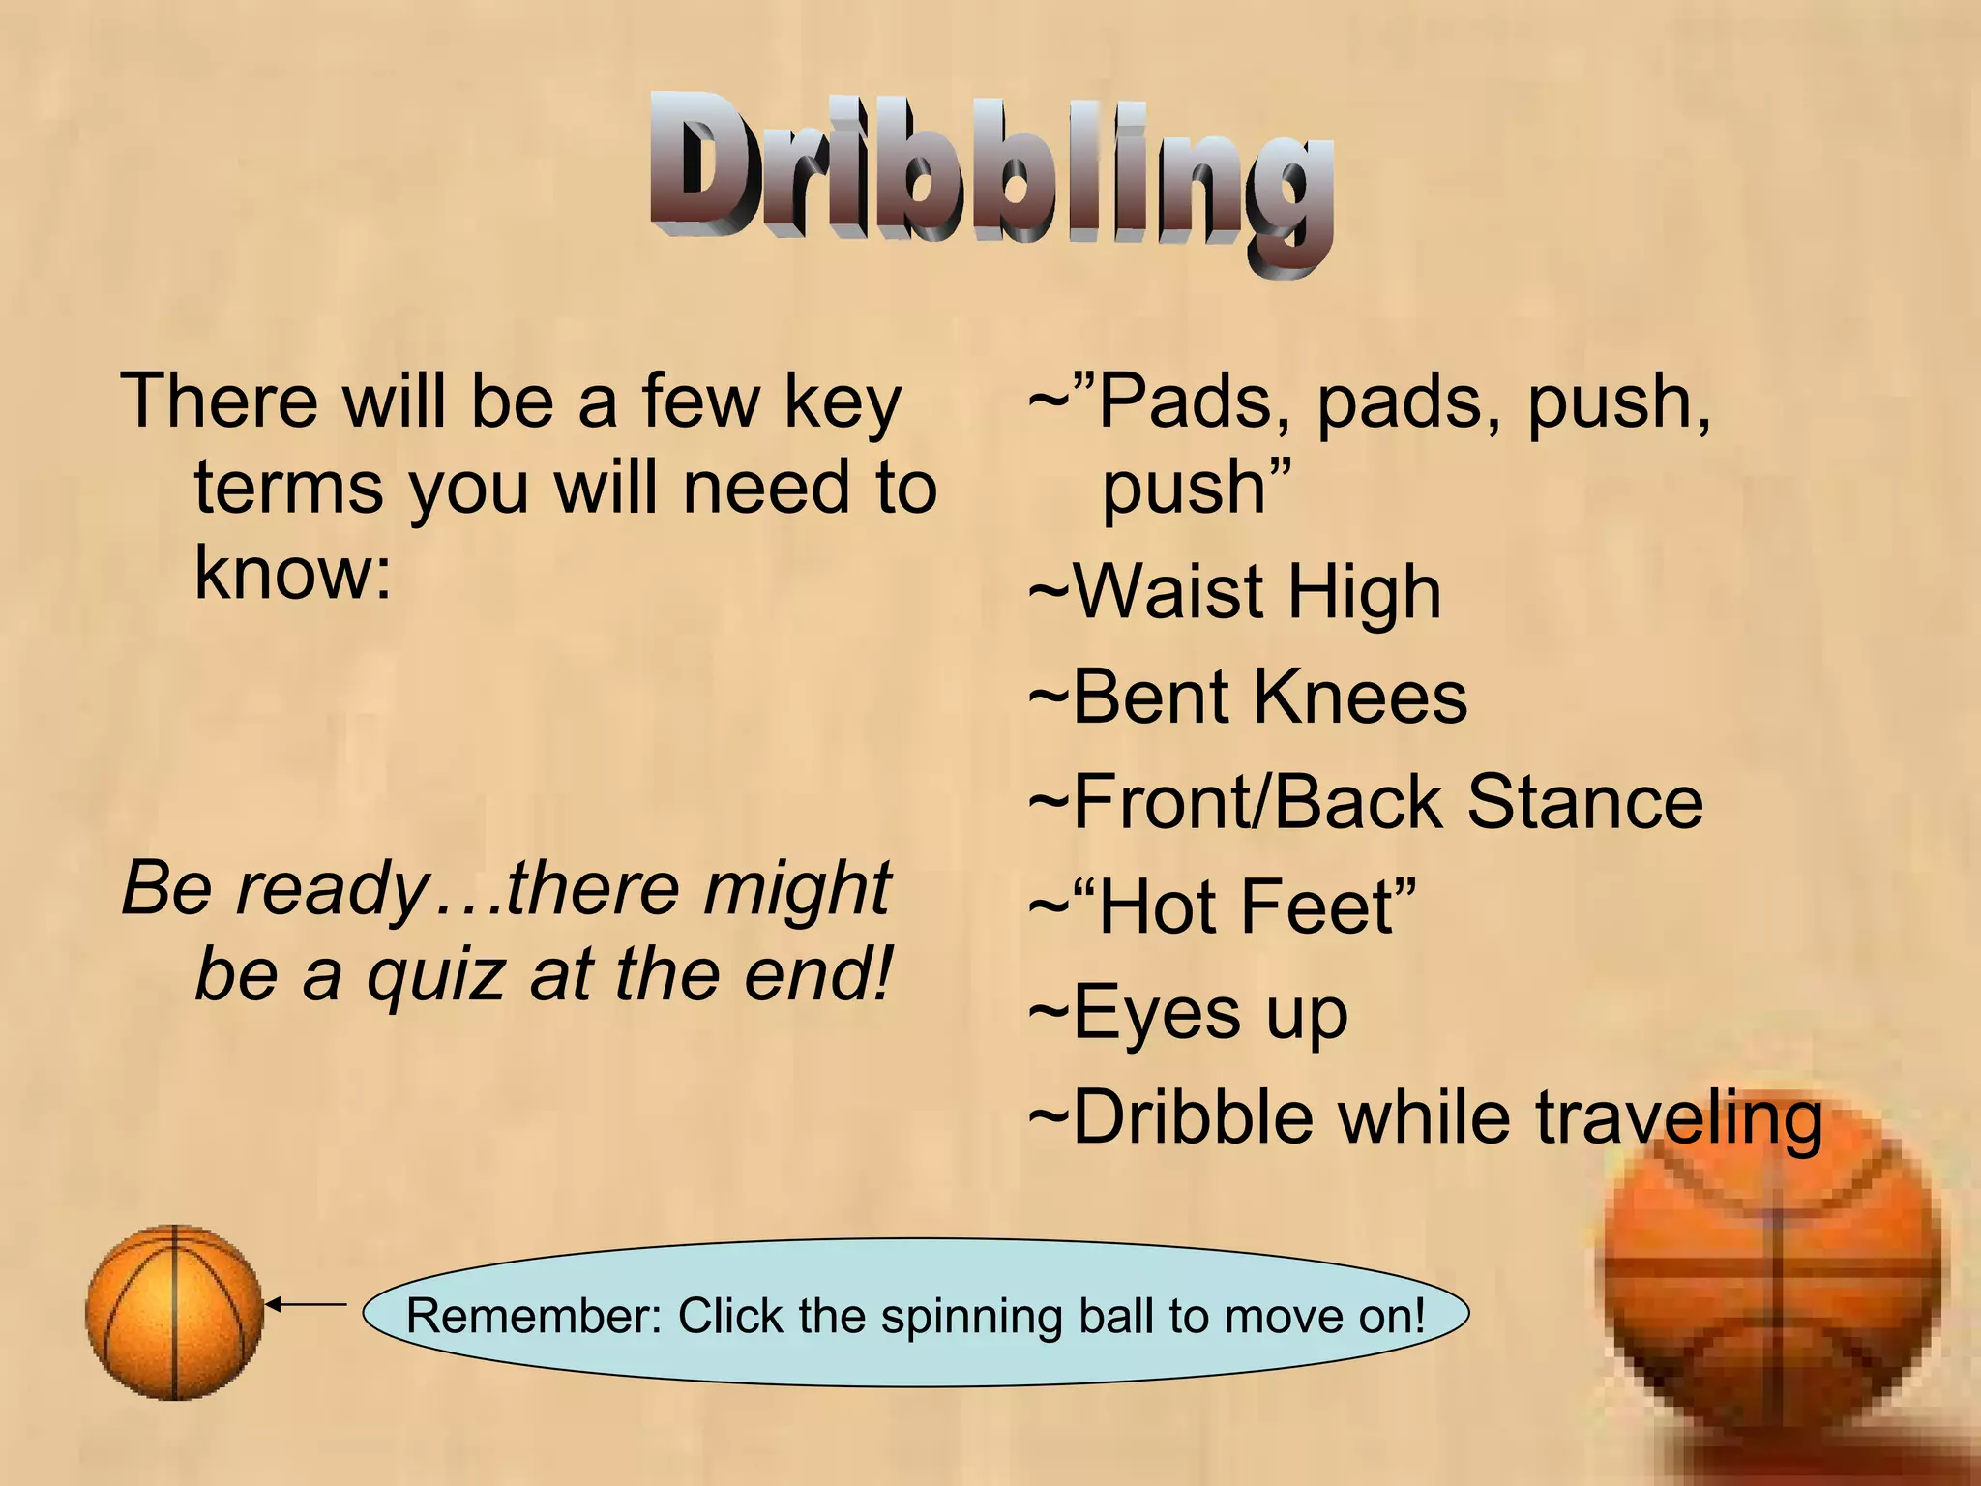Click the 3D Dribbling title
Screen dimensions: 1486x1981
point(990,179)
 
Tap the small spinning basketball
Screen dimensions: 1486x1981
point(174,1312)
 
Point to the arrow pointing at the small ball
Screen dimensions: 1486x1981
point(306,1305)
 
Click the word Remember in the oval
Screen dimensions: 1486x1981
point(533,1316)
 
